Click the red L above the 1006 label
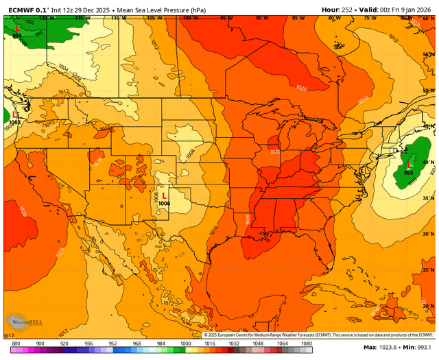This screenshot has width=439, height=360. (164, 195)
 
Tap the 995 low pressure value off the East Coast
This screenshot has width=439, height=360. (409, 173)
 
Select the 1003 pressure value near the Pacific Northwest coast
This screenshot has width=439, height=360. (15, 121)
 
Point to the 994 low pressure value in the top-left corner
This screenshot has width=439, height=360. (16, 36)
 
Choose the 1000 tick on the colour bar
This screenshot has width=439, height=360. (185, 343)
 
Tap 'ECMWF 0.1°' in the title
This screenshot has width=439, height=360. (25, 9)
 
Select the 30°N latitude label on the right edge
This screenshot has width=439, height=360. (429, 234)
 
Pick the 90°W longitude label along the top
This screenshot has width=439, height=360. (261, 18)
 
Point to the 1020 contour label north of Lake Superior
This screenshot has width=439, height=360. (302, 88)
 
